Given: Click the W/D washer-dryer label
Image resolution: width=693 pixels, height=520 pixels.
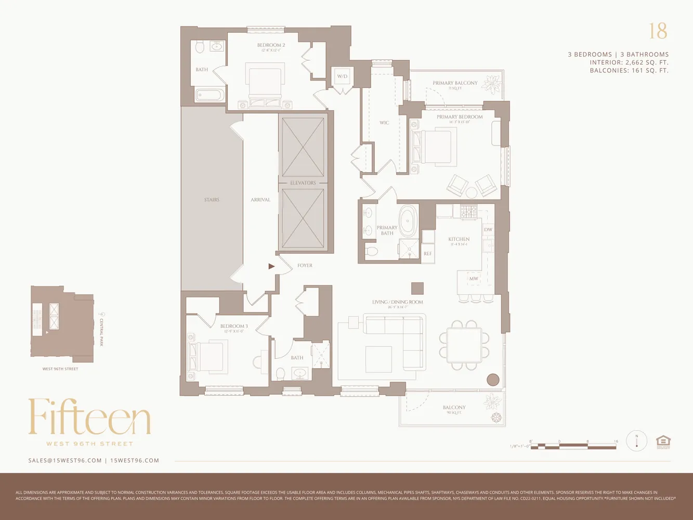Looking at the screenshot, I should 342,76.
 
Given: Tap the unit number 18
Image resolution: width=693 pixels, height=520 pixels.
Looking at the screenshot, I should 658,31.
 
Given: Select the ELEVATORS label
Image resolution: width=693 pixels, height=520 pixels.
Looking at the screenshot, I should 303,183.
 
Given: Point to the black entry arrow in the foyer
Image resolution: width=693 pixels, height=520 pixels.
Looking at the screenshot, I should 271,266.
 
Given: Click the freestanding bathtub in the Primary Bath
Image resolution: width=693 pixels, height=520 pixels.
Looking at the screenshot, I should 408,222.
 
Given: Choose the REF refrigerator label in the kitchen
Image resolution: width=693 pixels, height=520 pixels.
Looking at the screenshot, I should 427,254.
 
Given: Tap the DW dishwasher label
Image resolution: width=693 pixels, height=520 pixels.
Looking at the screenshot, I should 488,229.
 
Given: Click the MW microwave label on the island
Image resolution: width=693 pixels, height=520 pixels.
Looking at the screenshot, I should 474,279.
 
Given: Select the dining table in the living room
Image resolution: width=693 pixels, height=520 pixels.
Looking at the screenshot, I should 464,345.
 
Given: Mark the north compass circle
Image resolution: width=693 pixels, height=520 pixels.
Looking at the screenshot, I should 636,441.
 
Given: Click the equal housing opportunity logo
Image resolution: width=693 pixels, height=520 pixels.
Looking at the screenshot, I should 663,441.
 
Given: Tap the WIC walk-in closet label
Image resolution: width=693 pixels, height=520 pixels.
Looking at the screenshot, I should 384,123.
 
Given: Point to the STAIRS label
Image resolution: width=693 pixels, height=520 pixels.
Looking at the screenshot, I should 212,200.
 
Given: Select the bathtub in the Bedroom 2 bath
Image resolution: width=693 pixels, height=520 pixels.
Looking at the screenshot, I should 210,96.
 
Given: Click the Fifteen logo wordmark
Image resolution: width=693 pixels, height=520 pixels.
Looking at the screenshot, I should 89,417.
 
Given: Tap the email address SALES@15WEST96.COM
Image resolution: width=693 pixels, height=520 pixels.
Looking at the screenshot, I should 65,460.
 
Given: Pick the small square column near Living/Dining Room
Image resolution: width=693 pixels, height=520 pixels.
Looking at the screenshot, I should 417,288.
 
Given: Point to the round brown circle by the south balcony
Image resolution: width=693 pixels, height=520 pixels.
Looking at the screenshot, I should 493,380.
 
